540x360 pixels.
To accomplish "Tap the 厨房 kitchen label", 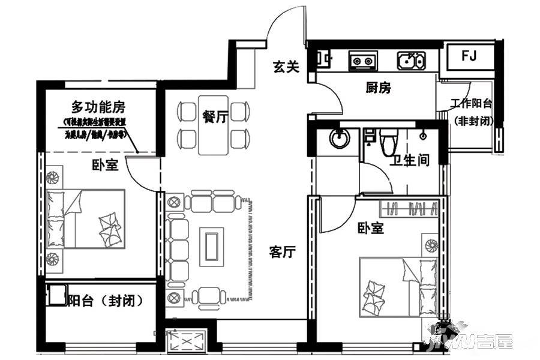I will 378,88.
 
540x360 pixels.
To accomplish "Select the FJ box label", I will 469,56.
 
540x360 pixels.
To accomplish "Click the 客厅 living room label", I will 283,253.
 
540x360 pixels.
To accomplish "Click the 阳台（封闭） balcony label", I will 105,301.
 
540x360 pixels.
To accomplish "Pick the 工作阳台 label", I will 472,103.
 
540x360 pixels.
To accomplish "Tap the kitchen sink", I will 411,60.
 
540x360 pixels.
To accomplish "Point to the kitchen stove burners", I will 362,61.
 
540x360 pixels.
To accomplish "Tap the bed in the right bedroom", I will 397,287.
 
